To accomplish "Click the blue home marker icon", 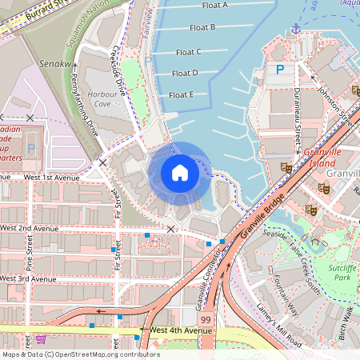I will click(x=180, y=173).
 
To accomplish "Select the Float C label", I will click(x=188, y=52).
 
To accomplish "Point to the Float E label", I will click(x=181, y=94).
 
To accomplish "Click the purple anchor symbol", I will click(x=296, y=29).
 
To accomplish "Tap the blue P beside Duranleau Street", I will click(x=280, y=70).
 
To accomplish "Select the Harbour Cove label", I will click(x=98, y=98).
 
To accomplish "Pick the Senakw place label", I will click(x=54, y=62).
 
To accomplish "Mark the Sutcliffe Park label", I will click(x=342, y=273).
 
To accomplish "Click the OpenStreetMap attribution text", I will click(x=80, y=354).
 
